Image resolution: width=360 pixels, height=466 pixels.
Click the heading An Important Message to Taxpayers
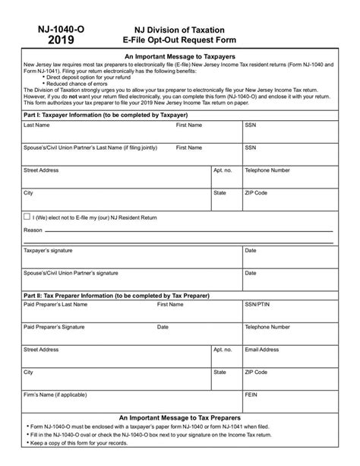tap(180, 56)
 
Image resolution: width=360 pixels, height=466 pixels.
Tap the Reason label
tap(33, 229)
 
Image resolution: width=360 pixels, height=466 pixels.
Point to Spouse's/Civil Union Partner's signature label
tap(71, 271)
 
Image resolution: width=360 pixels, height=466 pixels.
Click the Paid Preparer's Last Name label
tap(55, 304)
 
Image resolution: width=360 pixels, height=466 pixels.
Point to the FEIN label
tap(251, 396)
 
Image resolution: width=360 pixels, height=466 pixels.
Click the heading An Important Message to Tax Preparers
tap(180, 418)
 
